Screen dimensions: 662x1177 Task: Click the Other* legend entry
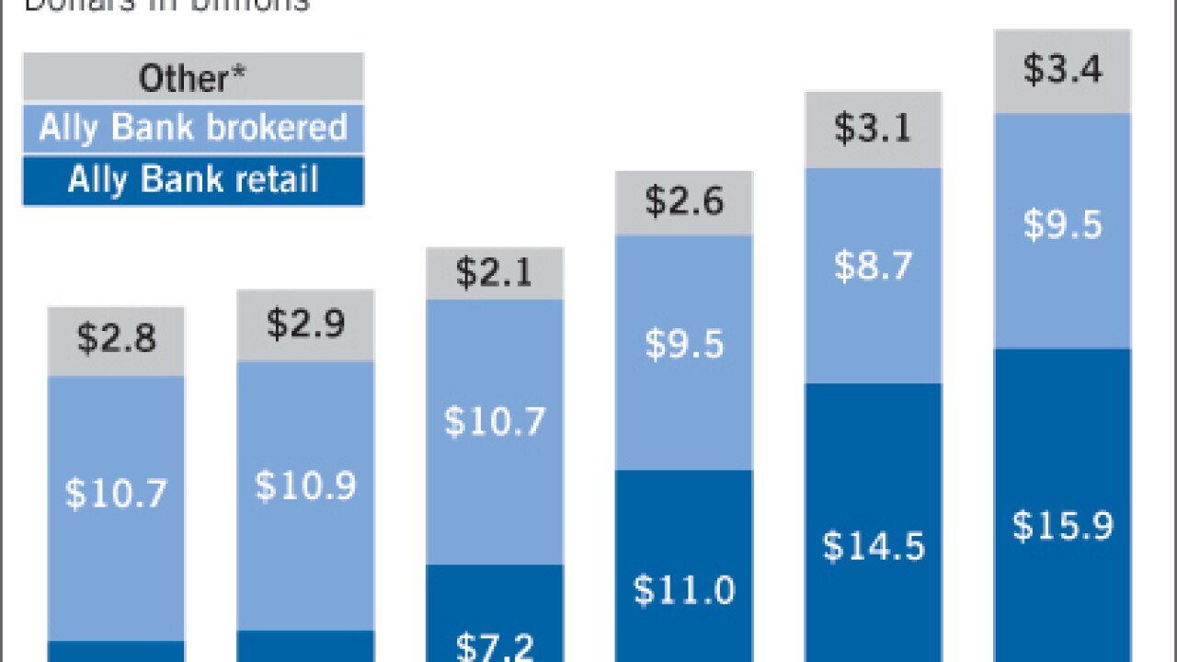point(193,77)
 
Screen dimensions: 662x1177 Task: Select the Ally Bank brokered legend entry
point(193,128)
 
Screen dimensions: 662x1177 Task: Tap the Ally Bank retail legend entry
point(193,179)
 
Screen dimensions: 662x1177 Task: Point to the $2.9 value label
point(305,323)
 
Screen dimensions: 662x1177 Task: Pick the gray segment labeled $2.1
point(495,274)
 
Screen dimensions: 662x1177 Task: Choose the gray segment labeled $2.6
point(684,201)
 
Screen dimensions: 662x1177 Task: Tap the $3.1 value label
point(873,128)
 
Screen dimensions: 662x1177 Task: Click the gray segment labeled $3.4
point(1062,70)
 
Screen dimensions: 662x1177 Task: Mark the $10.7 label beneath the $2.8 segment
point(117,494)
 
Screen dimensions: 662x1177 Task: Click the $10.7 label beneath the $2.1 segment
point(495,420)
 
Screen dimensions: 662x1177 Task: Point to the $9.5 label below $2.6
point(684,344)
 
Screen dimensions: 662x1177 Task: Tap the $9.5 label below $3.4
point(1062,224)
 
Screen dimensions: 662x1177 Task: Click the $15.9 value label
point(1062,526)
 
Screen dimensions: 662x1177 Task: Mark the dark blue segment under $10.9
point(305,645)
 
